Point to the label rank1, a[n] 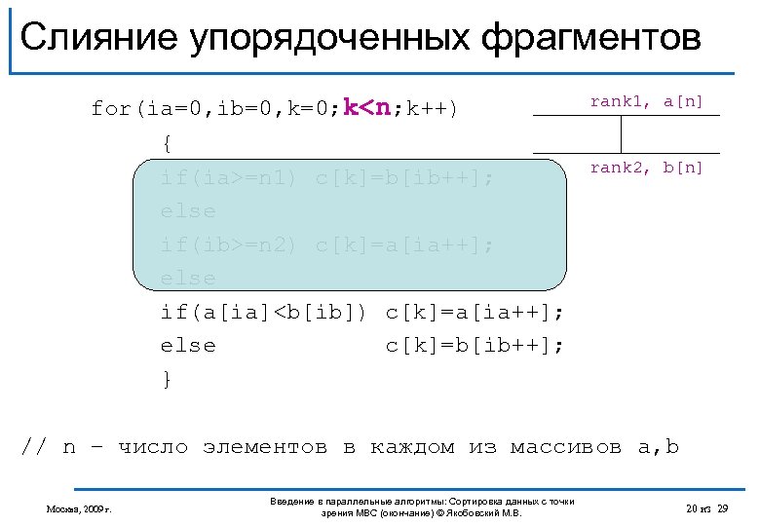646,101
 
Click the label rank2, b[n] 646,168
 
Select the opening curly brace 168,143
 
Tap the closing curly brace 168,380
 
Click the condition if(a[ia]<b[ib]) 264,313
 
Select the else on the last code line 188,346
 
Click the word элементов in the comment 265,447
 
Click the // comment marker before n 34,447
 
